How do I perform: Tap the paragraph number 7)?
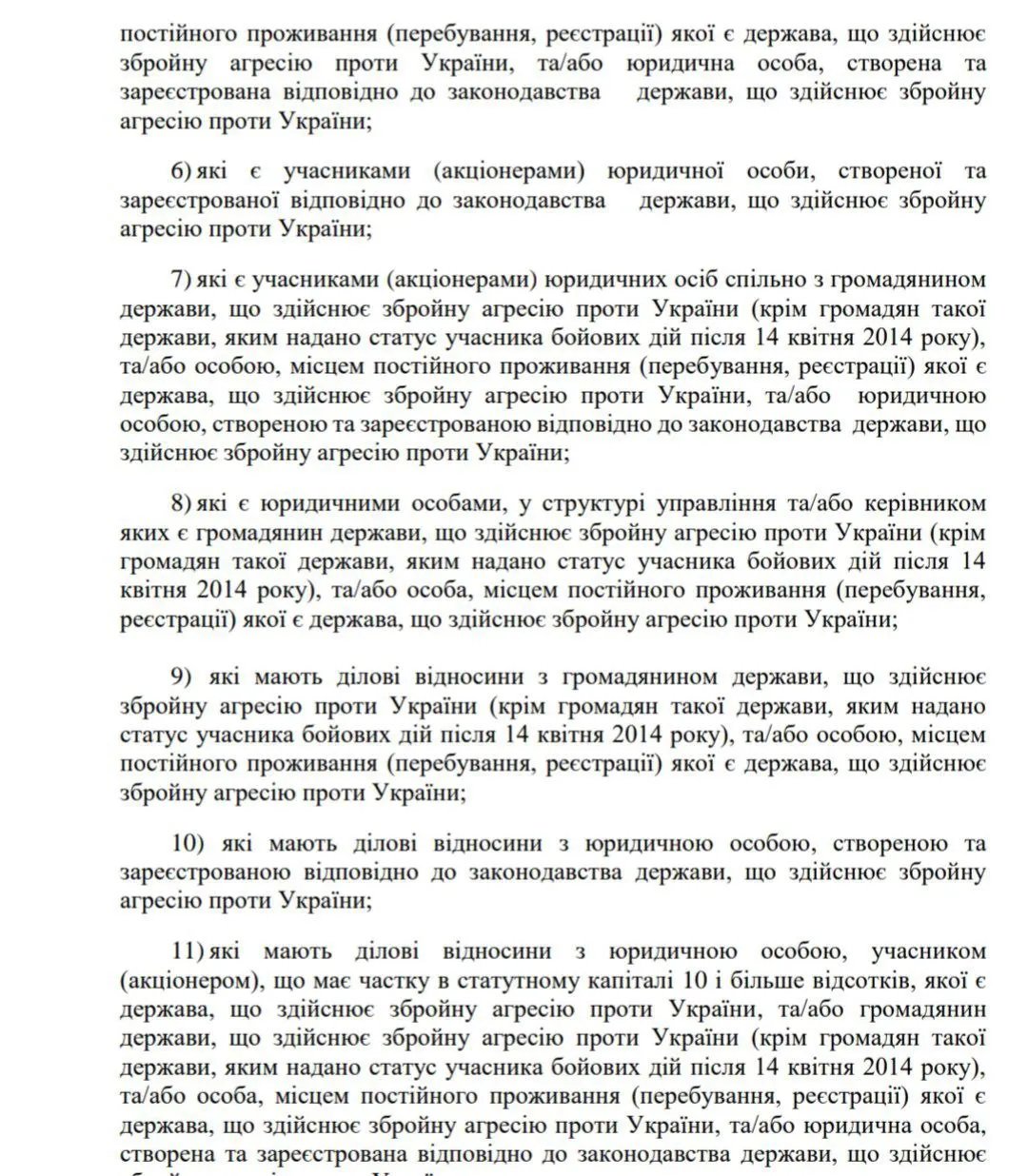pyautogui.click(x=183, y=280)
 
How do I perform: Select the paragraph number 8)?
pyautogui.click(x=183, y=502)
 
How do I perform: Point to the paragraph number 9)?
pyautogui.click(x=182, y=676)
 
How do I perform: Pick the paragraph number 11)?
pyautogui.click(x=187, y=951)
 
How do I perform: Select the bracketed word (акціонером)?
pyautogui.click(x=187, y=979)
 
